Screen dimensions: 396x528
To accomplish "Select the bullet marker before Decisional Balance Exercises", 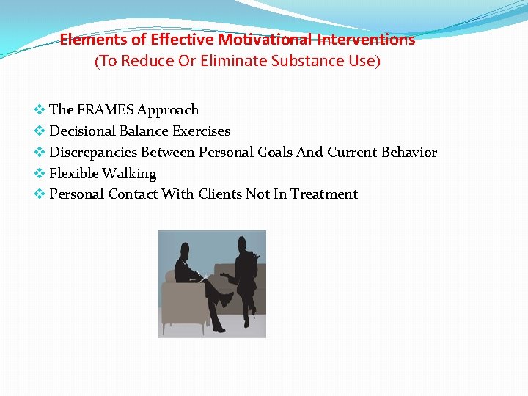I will (x=40, y=131).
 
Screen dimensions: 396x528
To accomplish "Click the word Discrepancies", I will (x=93, y=153).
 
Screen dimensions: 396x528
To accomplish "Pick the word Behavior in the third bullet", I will (x=408, y=153).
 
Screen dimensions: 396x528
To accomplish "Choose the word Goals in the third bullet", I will (x=275, y=153).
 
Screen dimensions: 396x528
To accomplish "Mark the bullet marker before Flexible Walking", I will (x=40, y=174).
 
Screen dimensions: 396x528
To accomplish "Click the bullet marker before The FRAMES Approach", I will (x=40, y=110).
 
